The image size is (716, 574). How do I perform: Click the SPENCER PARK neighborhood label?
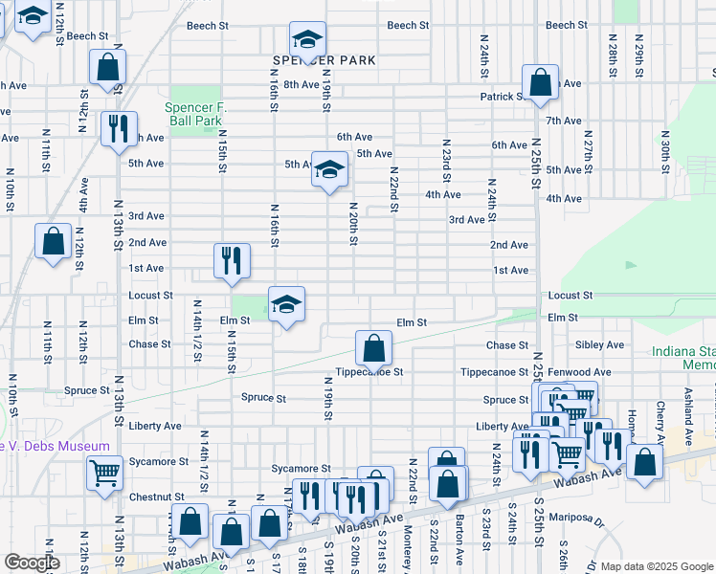point(308,60)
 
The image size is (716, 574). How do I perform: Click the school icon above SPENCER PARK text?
point(307,40)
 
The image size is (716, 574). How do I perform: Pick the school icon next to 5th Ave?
point(329,170)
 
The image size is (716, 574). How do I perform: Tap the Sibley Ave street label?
point(599,344)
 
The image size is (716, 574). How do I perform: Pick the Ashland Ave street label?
point(687,405)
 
